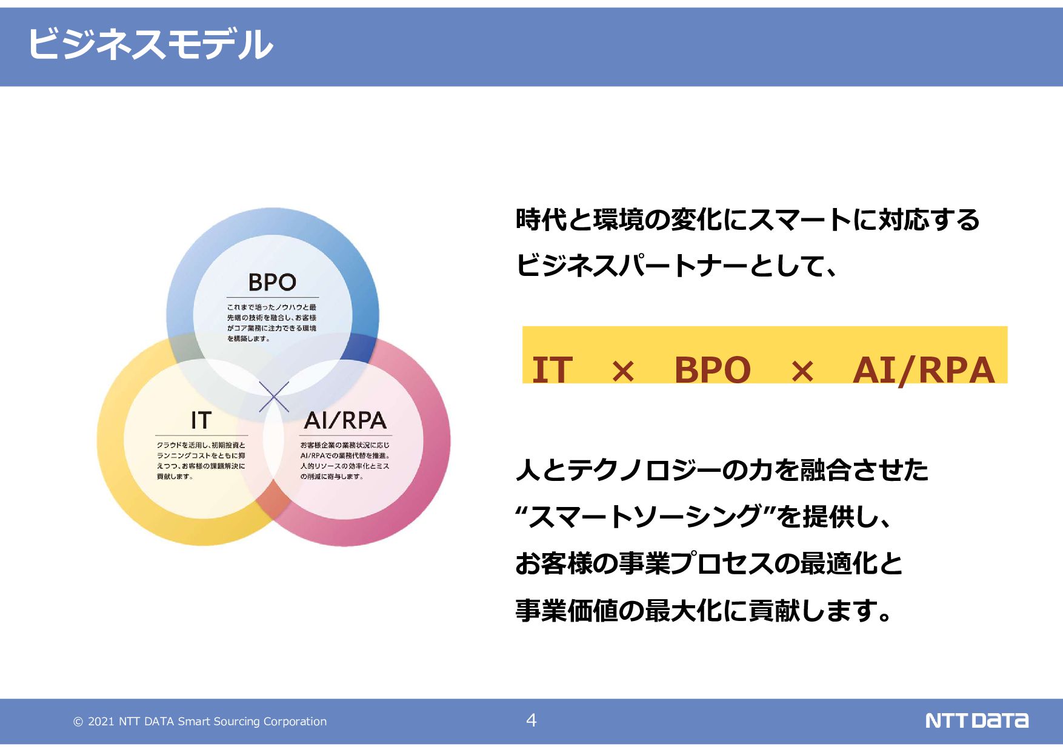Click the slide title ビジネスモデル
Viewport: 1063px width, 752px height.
(150, 44)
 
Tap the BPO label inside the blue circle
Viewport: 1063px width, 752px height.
(272, 283)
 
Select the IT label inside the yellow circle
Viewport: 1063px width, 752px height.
(201, 420)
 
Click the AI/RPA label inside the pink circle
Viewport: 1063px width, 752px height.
(345, 420)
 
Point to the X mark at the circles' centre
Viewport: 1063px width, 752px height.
(274, 397)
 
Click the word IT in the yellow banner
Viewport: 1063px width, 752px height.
(552, 369)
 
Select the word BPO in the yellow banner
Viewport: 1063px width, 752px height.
(712, 369)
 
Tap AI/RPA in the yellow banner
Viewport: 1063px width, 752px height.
(924, 369)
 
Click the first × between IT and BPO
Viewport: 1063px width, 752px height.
(623, 371)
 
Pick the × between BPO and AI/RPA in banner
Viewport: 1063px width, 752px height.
(802, 371)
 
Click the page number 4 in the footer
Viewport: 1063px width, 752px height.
(531, 720)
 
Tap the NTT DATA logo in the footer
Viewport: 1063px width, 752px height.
(976, 720)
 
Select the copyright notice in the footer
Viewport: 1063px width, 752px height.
(200, 721)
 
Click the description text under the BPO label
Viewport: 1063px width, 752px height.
(272, 323)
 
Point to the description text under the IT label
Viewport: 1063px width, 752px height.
(201, 460)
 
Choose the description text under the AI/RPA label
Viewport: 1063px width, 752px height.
(345, 460)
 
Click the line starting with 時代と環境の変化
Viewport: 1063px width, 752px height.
(747, 220)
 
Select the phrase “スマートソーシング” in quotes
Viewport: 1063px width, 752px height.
(645, 517)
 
